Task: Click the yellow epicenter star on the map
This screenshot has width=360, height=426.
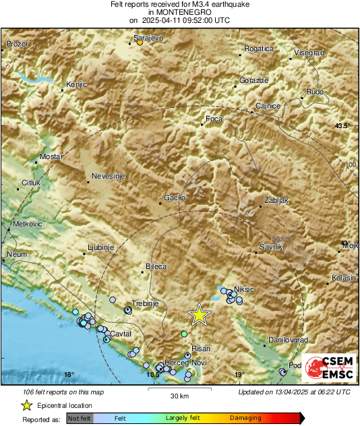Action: pyautogui.click(x=199, y=315)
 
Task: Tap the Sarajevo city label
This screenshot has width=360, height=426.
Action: pyautogui.click(x=148, y=39)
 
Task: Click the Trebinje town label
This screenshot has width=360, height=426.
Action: pyautogui.click(x=144, y=304)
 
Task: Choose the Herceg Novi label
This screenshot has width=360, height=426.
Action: pyautogui.click(x=190, y=363)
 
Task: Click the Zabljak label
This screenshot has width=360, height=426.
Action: pyautogui.click(x=276, y=201)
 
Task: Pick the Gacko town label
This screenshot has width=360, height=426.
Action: pyautogui.click(x=175, y=199)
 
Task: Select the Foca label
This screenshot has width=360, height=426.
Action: pyautogui.click(x=214, y=119)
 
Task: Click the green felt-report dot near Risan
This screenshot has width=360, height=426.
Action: pyautogui.click(x=184, y=334)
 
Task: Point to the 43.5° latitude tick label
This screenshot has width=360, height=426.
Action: pyautogui.click(x=344, y=126)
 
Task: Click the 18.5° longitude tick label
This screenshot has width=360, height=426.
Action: pyautogui.click(x=154, y=375)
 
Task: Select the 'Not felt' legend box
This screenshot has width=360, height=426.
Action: pyautogui.click(x=78, y=418)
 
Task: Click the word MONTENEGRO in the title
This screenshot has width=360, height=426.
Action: pyautogui.click(x=179, y=12)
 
